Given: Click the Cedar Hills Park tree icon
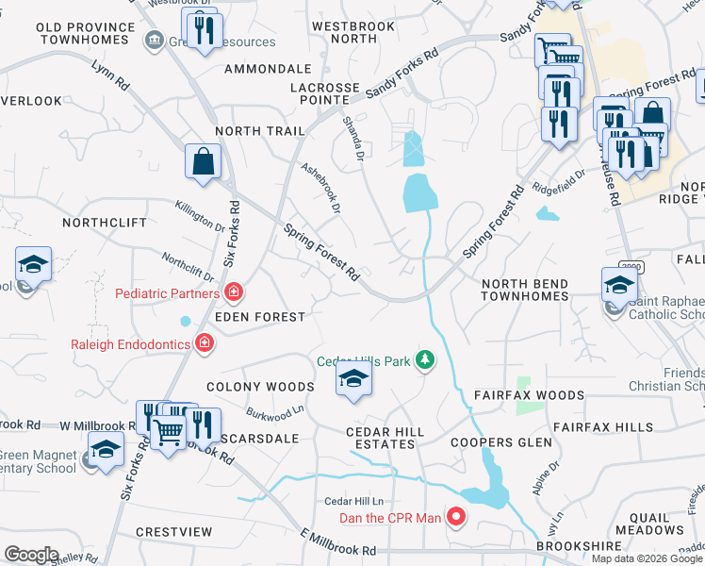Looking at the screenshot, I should coord(426,359).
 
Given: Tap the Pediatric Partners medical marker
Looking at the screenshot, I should coord(233,293).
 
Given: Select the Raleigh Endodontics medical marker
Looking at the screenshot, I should coord(202,344).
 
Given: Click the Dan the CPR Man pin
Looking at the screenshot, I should coord(456,516).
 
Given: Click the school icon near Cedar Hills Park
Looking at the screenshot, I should coord(353,379).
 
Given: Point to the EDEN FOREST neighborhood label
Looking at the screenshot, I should coord(259,318).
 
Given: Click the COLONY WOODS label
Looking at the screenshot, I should coord(260,387).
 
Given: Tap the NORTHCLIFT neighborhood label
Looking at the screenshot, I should coord(105,223).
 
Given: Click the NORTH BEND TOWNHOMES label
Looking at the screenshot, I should coord(525,290).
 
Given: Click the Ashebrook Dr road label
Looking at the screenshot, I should coord(320,189).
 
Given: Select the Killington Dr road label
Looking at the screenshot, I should coord(200,216).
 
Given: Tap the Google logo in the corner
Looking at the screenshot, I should coord(31,555).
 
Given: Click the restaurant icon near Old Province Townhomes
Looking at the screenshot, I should coord(204,32).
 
